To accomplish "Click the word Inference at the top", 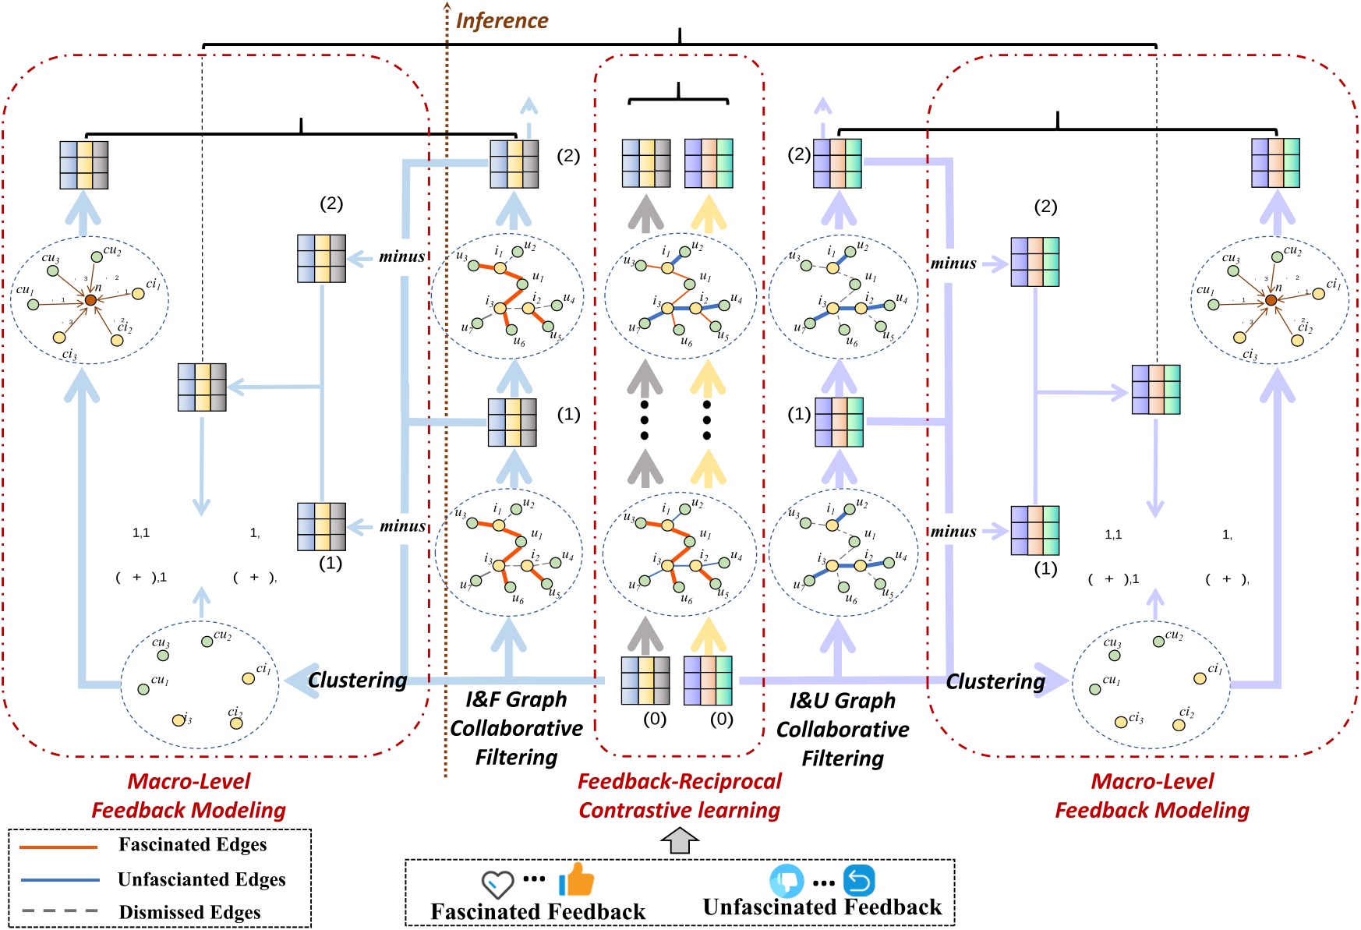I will tap(501, 20).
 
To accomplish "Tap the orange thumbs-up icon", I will tap(576, 879).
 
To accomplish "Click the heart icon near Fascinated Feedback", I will tap(497, 884).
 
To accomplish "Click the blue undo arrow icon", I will tap(858, 881).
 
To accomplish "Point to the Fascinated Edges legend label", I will tap(192, 844).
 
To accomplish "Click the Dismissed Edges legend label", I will tap(189, 912).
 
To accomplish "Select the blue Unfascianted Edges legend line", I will tap(60, 879).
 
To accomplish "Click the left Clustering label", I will tap(357, 680).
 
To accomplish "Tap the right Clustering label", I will tap(995, 681).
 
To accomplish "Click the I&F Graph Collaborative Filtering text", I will tap(516, 728).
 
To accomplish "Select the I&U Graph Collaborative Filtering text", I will tap(842, 729).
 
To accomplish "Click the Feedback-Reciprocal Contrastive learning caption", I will tap(679, 795).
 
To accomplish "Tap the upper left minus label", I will tap(401, 256).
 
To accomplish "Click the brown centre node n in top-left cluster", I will tap(90, 300).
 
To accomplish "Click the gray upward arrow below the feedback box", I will tap(680, 841).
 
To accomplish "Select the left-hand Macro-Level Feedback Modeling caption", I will tap(189, 795).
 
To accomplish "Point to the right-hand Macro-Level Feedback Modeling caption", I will tap(1151, 795).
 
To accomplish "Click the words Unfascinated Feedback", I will tap(822, 907).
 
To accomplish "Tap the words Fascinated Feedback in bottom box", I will tap(538, 911).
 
